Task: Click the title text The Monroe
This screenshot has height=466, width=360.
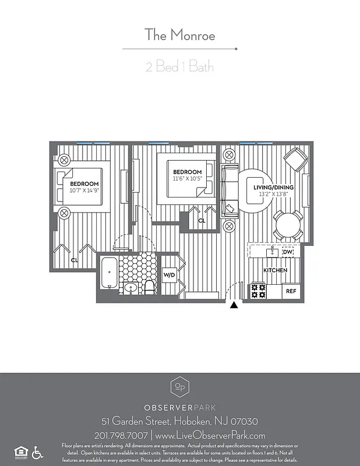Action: click(x=180, y=35)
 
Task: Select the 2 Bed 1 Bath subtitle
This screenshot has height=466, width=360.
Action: click(x=180, y=66)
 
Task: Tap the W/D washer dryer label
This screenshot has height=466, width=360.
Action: click(x=169, y=274)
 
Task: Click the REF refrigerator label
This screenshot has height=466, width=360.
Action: click(x=290, y=291)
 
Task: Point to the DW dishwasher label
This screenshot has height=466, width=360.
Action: click(x=287, y=252)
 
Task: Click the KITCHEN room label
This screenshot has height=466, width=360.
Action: click(x=275, y=271)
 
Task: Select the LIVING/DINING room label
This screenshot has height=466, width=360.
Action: click(x=273, y=187)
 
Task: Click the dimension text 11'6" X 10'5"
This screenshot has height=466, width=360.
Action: click(x=188, y=178)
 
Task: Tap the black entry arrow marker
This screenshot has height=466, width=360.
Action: click(x=234, y=305)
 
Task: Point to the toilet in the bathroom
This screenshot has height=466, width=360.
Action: click(x=150, y=285)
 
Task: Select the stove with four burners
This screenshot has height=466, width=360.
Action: click(x=258, y=291)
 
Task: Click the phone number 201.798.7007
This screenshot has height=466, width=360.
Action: click(x=120, y=435)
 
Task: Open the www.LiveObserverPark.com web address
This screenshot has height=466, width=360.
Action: click(x=211, y=435)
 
